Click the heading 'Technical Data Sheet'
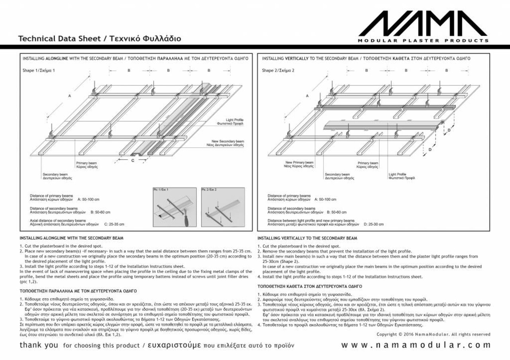tap(60, 39)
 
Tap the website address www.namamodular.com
tap(416, 345)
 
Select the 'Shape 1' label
tap(39, 70)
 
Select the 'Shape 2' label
tap(278, 70)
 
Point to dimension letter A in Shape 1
tap(70, 96)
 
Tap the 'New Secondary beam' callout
tap(228, 143)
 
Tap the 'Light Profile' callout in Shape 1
tap(234, 121)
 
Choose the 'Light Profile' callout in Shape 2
tap(402, 176)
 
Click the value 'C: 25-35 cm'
tap(114, 224)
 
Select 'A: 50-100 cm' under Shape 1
tap(88, 199)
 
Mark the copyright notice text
tap(433, 334)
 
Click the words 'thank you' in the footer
tap(39, 345)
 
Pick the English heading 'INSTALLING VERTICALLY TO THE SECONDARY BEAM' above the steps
tap(307, 238)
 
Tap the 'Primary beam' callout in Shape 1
tap(86, 165)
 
